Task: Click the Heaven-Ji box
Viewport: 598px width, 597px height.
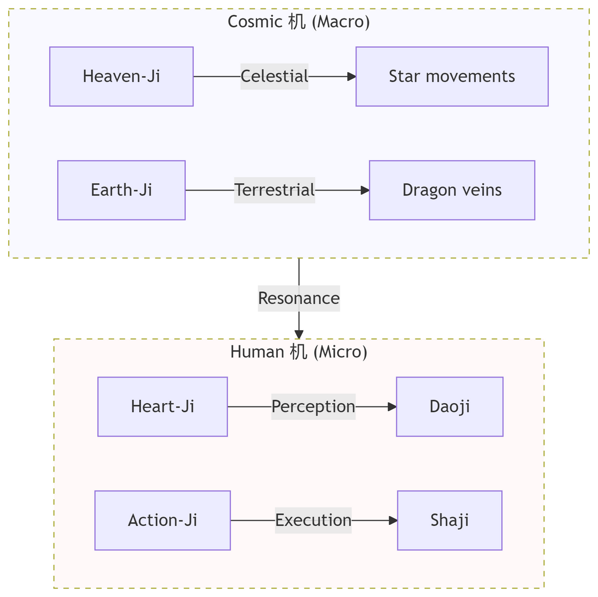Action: pos(121,77)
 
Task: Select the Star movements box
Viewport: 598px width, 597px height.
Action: pos(452,77)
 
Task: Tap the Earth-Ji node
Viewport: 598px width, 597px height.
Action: pos(121,190)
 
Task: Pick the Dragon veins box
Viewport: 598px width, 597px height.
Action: pos(452,190)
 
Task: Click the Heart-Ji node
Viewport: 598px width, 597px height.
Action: pos(163,407)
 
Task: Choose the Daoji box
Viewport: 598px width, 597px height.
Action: pos(450,407)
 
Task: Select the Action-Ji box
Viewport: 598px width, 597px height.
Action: pos(163,520)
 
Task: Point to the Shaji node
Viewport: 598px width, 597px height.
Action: pos(450,520)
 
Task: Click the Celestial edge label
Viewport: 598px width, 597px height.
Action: pos(275,77)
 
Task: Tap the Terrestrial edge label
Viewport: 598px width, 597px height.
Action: pos(275,190)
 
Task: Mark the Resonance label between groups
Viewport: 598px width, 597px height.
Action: pos(299,298)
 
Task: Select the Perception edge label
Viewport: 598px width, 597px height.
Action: pos(313,407)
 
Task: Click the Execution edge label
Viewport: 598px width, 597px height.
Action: pos(313,520)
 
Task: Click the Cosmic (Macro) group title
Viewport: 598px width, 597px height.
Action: pos(298,22)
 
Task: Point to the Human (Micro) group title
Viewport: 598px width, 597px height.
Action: pos(298,352)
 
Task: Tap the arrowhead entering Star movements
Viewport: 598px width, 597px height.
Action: pos(352,77)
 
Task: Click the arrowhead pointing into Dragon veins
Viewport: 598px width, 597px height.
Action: pos(365,190)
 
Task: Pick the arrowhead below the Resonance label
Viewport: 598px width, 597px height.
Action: pos(299,334)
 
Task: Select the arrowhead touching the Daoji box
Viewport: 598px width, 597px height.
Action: pos(392,407)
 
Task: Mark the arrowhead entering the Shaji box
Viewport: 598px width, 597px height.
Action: pos(393,520)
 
